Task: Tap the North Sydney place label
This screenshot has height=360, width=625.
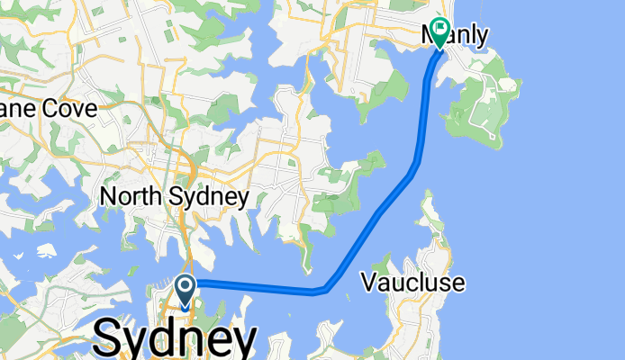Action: (174, 196)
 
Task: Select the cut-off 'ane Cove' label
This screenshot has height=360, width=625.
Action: (37, 109)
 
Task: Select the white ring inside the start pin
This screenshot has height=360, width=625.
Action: (186, 287)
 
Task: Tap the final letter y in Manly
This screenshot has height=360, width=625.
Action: (483, 38)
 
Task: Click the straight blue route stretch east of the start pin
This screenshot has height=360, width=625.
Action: (252, 286)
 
